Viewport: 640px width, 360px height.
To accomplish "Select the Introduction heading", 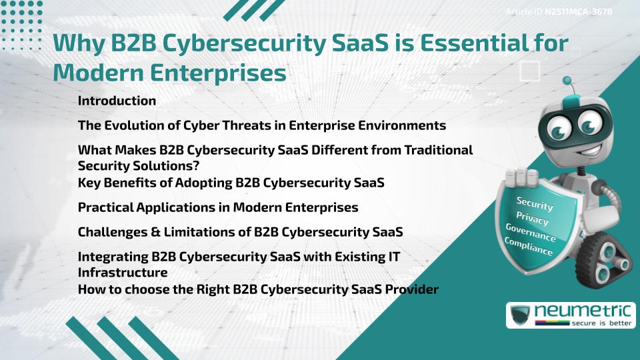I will (x=117, y=101).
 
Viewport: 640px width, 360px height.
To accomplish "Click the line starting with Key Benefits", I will (x=231, y=182).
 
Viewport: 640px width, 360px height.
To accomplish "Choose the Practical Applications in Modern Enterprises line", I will (x=217, y=207).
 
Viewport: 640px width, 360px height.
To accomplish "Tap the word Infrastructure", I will (x=122, y=272).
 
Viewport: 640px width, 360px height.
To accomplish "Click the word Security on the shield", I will (x=535, y=204).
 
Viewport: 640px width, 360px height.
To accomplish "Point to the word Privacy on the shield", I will (x=533, y=219).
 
